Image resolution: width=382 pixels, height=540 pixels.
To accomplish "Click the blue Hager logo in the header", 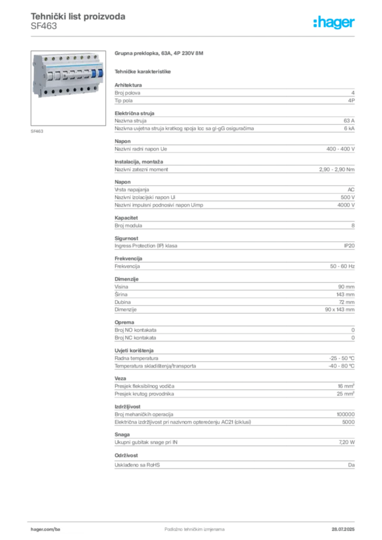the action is point(335,23).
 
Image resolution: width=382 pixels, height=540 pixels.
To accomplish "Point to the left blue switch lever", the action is point(93,77).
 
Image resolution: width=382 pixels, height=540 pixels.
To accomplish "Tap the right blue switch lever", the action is point(99,78).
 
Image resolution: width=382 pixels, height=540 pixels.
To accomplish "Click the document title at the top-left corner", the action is point(78,17).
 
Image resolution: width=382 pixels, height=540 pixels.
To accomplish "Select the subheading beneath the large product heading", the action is point(144,71).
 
